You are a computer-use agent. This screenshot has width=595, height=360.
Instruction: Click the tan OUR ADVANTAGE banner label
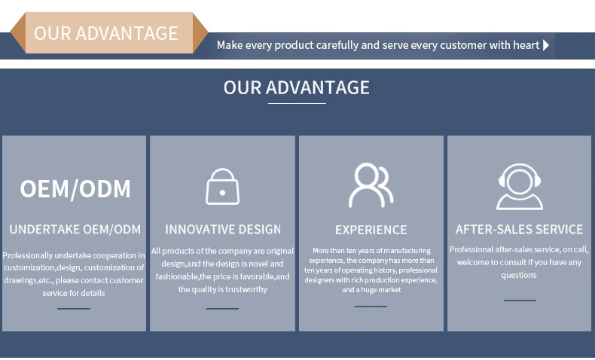tap(109, 33)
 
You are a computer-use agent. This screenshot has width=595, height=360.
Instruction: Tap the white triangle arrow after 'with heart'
tap(546, 45)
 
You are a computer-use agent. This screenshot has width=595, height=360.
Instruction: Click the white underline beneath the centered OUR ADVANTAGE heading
tap(297, 103)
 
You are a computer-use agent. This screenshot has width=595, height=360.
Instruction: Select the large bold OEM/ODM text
tap(75, 188)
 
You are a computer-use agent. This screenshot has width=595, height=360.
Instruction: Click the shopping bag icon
tap(222, 187)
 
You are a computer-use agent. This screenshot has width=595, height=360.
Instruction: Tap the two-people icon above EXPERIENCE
tap(371, 185)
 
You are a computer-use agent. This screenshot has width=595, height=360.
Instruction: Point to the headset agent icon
tap(520, 187)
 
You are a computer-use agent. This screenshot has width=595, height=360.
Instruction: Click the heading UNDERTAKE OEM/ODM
tap(75, 230)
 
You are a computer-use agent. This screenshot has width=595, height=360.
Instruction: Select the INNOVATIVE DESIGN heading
tap(223, 230)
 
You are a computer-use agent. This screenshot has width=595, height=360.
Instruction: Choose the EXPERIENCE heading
tap(371, 230)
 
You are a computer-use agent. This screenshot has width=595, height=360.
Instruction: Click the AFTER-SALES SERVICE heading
tap(519, 230)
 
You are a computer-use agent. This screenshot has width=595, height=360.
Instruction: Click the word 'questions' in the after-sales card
tap(519, 275)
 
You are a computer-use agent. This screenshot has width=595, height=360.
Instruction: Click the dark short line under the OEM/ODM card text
tap(74, 308)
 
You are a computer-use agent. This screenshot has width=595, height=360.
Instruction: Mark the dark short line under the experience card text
tap(371, 306)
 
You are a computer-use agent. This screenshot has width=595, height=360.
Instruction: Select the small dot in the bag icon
tap(222, 193)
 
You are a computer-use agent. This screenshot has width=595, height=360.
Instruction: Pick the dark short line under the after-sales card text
tap(520, 301)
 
